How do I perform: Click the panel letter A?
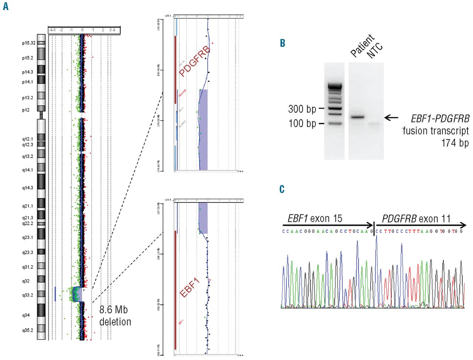click(6, 6)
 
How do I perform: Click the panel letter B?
click(283, 43)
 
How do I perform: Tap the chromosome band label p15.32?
click(28, 43)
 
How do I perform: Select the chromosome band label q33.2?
click(27, 295)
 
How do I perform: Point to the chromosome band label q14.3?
click(27, 188)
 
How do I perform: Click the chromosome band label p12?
click(25, 110)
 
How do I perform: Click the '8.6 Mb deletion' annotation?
click(115, 316)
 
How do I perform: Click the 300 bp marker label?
click(302, 109)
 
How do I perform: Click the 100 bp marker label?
click(302, 123)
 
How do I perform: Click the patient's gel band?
click(357, 117)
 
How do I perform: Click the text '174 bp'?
click(455, 143)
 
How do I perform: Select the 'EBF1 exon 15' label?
click(315, 219)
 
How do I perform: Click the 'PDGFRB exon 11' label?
click(416, 219)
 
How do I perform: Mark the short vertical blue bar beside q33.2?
click(55, 293)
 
